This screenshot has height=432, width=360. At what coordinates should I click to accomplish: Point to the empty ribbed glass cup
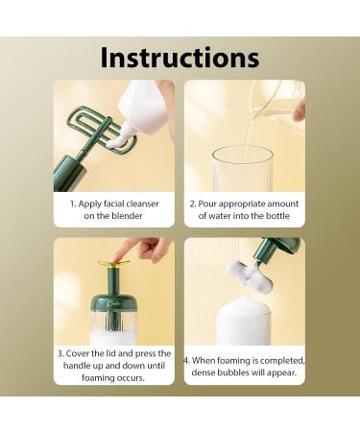(x=241, y=169)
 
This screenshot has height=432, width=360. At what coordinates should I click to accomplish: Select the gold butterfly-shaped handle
(x=113, y=262)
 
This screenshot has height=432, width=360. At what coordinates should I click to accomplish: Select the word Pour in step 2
(x=209, y=204)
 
